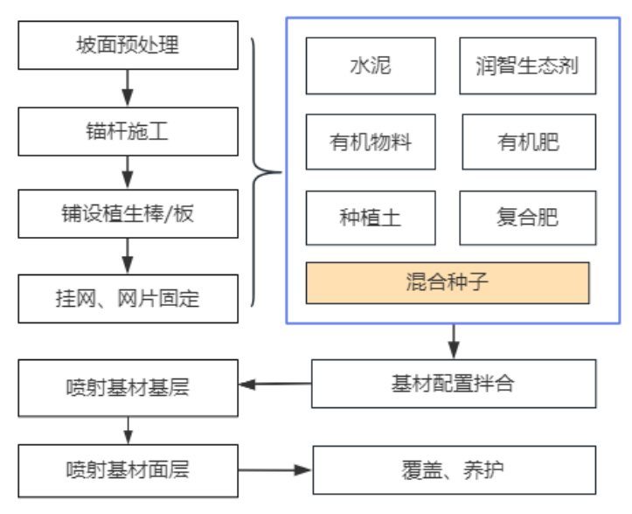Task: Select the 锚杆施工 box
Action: [128, 132]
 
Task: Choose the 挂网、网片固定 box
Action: [128, 298]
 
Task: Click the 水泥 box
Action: [370, 66]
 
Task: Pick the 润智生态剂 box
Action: [527, 66]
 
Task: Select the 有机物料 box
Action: [370, 142]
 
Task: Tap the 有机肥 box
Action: [528, 142]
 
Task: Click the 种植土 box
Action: [370, 218]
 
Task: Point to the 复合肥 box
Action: [528, 218]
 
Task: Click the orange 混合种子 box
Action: [448, 282]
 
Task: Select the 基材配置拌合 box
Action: [453, 384]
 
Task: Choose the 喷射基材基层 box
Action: [128, 387]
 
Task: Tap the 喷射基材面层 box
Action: [128, 470]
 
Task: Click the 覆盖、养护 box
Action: [453, 470]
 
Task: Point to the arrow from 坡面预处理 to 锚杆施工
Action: [128, 88]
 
